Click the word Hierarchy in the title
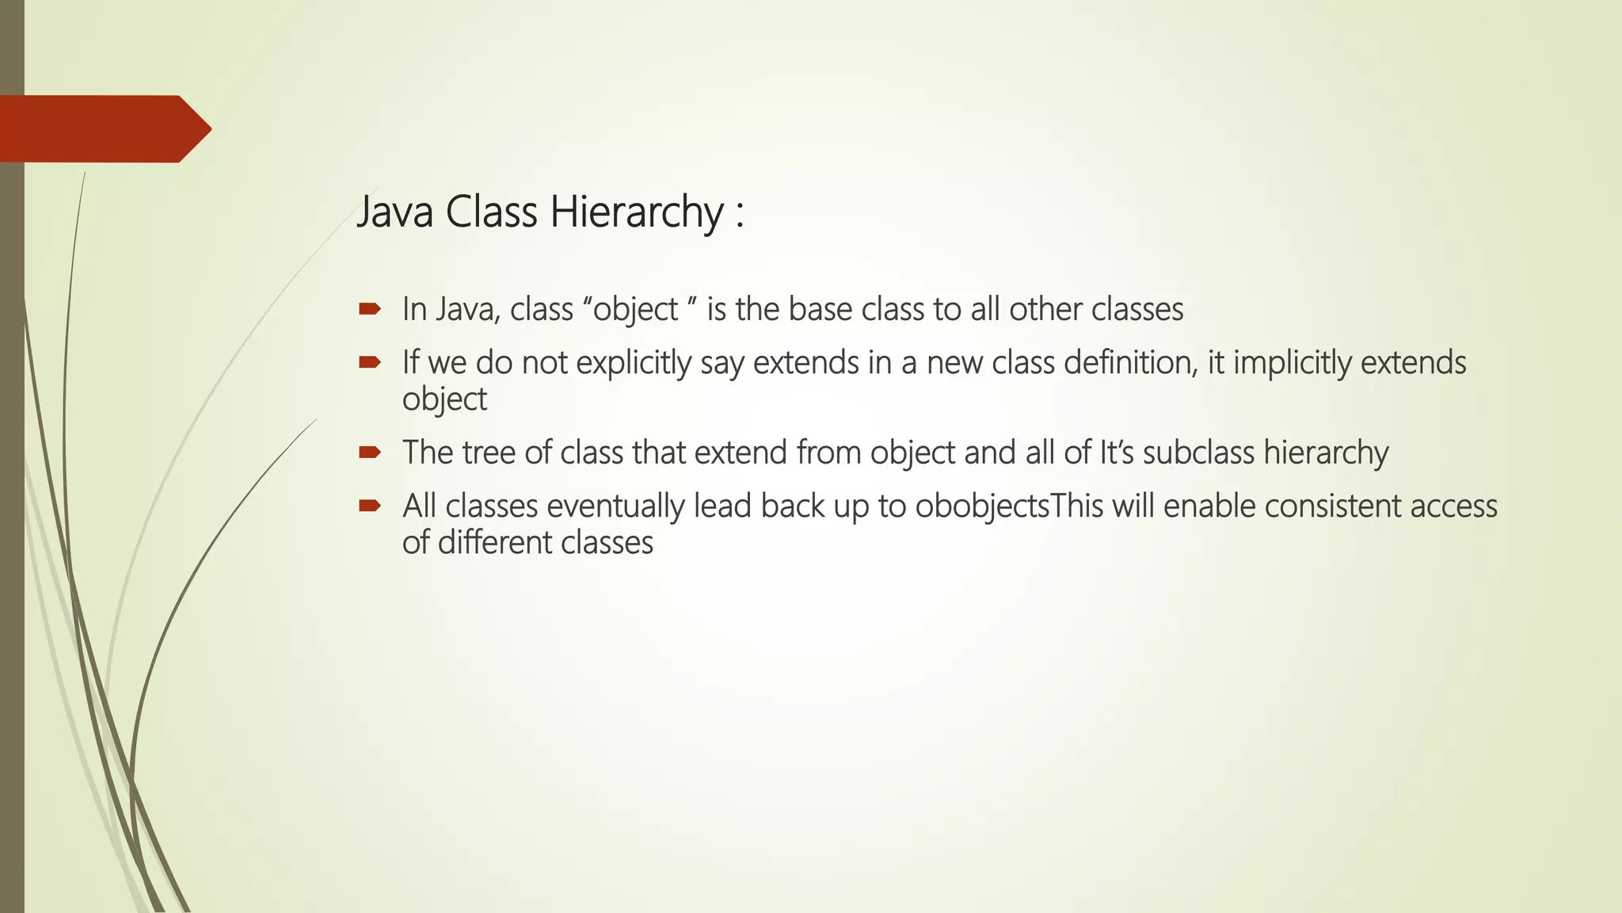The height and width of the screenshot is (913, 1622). (x=637, y=212)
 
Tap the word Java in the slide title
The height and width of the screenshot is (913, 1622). (x=394, y=212)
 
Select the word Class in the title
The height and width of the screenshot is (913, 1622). (x=491, y=212)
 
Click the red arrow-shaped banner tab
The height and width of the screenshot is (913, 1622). (x=103, y=129)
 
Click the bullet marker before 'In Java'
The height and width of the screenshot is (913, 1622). (x=370, y=309)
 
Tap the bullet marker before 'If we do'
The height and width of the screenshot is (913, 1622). (x=370, y=363)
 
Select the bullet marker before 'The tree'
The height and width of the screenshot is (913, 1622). (x=370, y=453)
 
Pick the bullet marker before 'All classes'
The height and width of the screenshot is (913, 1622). (x=370, y=506)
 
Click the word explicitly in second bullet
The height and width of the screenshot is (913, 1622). (x=634, y=363)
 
